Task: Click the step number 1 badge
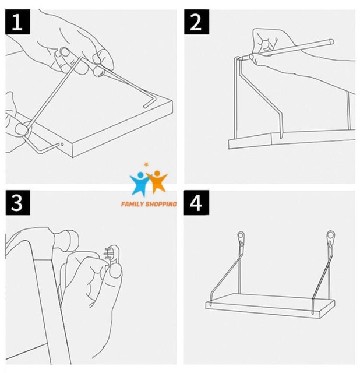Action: tap(18, 22)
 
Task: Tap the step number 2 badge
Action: tap(197, 22)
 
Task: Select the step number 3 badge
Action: tap(18, 203)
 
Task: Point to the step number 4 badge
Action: tap(197, 203)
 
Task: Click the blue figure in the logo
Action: tap(140, 184)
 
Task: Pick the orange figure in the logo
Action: tap(157, 181)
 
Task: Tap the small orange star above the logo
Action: tap(146, 164)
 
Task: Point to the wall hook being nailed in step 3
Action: tap(112, 255)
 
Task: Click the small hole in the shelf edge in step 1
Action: tap(62, 144)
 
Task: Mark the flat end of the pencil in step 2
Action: tap(331, 42)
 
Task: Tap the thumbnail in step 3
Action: tap(116, 272)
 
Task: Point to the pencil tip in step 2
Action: tap(243, 58)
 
